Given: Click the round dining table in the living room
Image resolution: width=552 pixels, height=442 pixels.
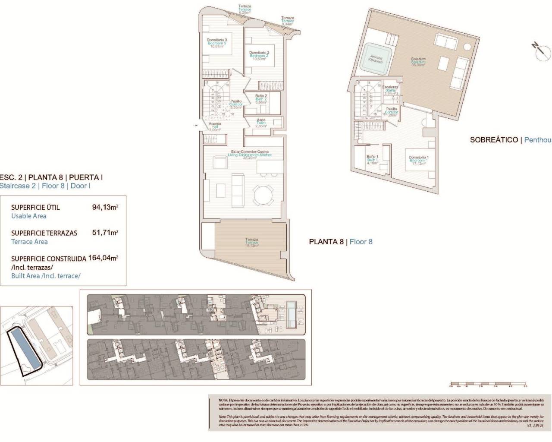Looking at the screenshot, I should (263, 196).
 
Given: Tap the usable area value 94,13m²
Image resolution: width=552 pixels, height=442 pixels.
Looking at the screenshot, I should (105, 207).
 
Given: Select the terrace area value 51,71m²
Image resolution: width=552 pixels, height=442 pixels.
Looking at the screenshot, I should (105, 233).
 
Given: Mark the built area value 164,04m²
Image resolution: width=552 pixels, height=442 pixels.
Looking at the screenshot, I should (103, 258).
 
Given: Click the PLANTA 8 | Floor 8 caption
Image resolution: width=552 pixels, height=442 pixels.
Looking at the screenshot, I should (341, 242).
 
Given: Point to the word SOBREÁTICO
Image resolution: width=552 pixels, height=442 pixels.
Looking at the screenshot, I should (494, 140).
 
